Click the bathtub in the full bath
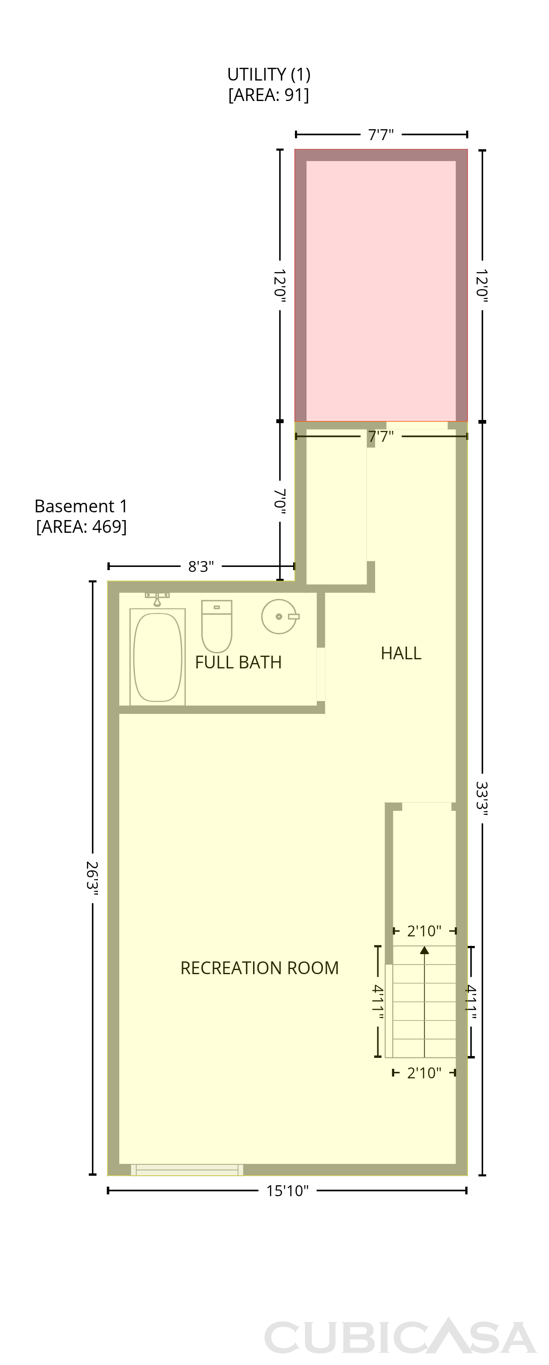(x=158, y=657)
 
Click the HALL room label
(x=401, y=653)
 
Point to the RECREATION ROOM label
(x=259, y=968)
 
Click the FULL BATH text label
(x=239, y=662)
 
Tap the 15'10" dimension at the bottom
(x=287, y=1191)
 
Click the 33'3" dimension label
(x=482, y=799)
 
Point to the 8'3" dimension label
(x=201, y=566)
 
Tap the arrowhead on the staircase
(x=424, y=950)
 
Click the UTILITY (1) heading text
(x=269, y=74)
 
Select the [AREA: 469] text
(x=81, y=527)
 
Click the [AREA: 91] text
(x=269, y=95)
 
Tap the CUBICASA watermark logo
(x=401, y=1336)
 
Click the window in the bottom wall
(x=187, y=1169)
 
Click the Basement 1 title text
(x=81, y=506)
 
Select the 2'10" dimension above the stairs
(x=424, y=931)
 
